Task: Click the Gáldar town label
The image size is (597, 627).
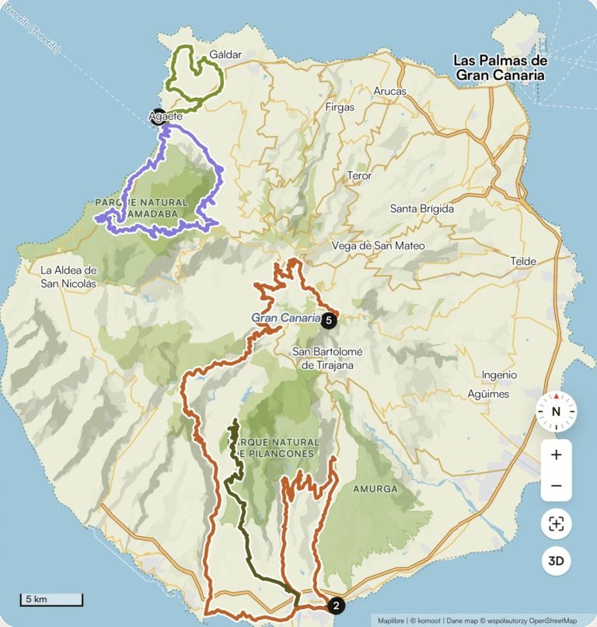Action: [x=226, y=55]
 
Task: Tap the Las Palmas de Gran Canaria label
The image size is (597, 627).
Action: [x=501, y=68]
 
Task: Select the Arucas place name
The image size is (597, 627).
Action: [x=389, y=91]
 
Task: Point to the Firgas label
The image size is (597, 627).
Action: [x=340, y=106]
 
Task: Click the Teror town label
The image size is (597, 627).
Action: [x=359, y=176]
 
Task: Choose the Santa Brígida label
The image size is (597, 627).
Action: [x=421, y=208]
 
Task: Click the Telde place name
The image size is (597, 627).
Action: [x=523, y=261]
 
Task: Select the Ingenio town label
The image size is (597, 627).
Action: [x=499, y=374]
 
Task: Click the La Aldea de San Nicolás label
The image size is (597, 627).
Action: [x=68, y=277]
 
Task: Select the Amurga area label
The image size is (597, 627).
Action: [x=375, y=489]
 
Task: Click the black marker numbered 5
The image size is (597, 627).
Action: [x=329, y=319]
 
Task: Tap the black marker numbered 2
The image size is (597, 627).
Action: [x=336, y=605]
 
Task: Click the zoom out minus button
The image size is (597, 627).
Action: [x=556, y=486]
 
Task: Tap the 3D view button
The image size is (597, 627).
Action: [x=556, y=560]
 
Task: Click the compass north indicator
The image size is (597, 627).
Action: [x=556, y=412]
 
